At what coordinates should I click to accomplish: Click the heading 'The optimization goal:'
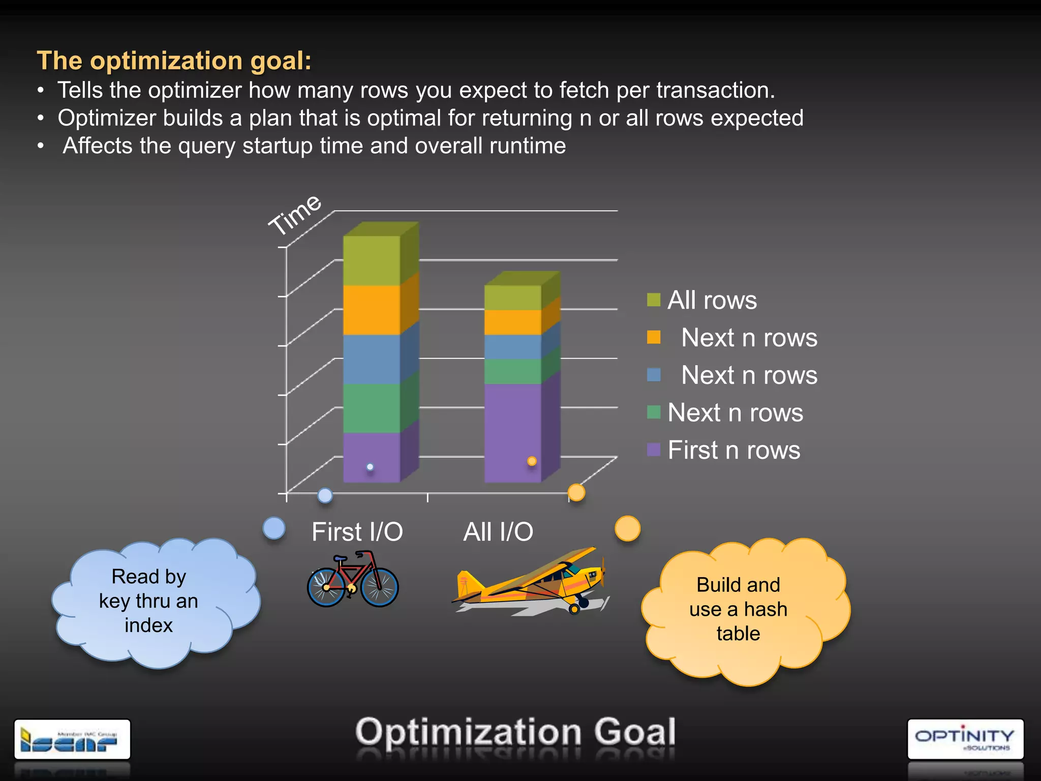tap(174, 61)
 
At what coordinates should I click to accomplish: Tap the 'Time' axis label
tap(295, 215)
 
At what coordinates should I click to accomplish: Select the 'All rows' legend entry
tap(712, 300)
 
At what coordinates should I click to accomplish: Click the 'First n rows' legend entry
tap(733, 450)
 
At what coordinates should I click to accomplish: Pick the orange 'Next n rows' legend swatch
tap(654, 338)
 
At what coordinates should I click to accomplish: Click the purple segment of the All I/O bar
tap(513, 432)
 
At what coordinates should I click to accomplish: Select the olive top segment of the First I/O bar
tap(372, 260)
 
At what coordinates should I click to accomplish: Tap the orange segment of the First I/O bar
tap(372, 310)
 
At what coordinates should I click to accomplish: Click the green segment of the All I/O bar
tap(513, 372)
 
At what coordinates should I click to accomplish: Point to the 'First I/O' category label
tap(357, 532)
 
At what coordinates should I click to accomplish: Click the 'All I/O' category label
tap(498, 532)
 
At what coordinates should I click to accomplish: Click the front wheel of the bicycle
tap(379, 587)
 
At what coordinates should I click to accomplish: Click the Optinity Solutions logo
tap(965, 739)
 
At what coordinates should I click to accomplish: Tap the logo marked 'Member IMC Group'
tap(72, 739)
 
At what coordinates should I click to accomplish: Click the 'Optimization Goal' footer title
tap(515, 732)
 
